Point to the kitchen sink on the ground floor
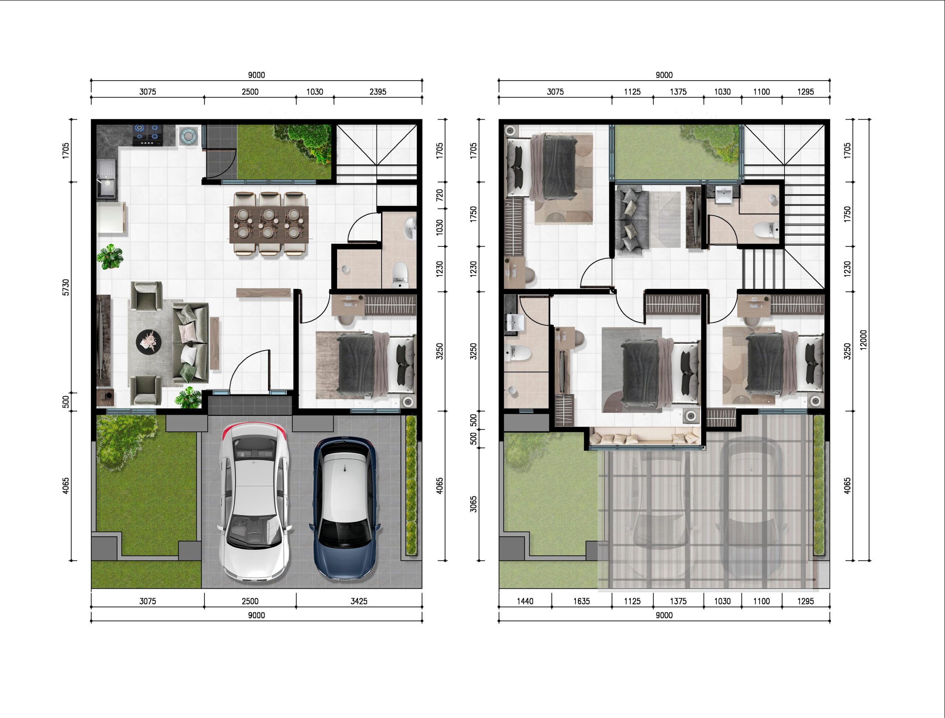[x=106, y=179]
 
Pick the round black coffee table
[x=149, y=342]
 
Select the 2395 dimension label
[x=378, y=92]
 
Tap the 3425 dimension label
[x=359, y=601]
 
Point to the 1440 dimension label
[x=525, y=601]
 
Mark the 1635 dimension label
[x=581, y=601]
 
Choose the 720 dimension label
[x=439, y=195]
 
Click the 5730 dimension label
[x=65, y=287]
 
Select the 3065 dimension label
[x=473, y=503]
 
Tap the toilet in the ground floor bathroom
[x=400, y=275]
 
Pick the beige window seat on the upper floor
[x=645, y=438]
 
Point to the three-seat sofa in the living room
[x=190, y=342]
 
